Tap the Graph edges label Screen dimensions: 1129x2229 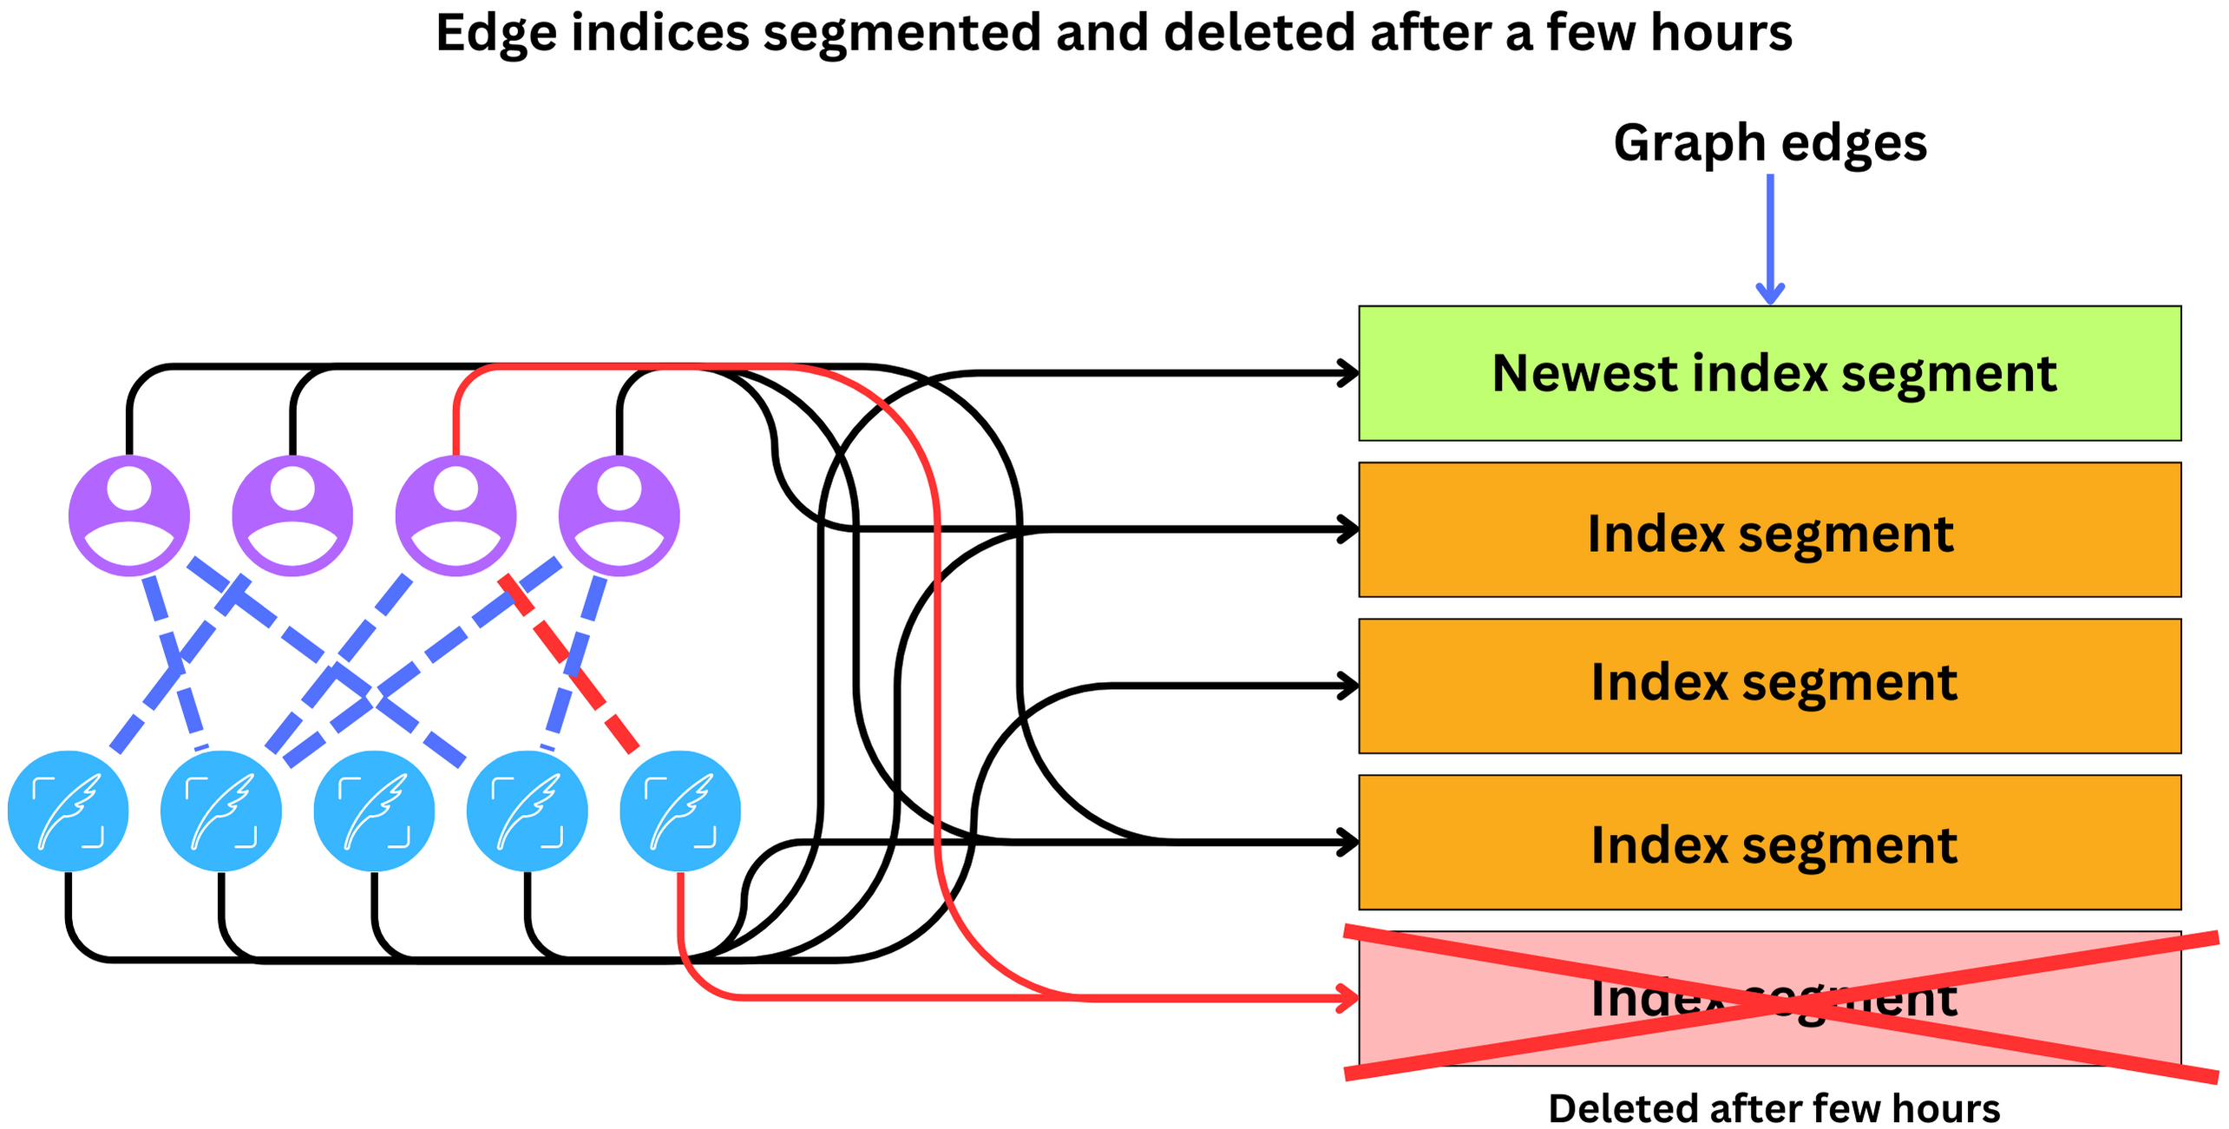click(x=1769, y=142)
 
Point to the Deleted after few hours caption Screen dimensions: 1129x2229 click(x=1773, y=1108)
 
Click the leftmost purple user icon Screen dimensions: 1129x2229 click(x=129, y=515)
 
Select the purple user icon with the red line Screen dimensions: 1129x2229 click(x=456, y=515)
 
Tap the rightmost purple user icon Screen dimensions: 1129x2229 click(x=619, y=515)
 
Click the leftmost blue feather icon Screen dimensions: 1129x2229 click(x=68, y=811)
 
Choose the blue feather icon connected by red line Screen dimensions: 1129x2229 click(x=680, y=811)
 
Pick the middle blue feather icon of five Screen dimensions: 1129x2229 click(x=374, y=811)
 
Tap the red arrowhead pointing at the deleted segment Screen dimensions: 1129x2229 click(x=1348, y=998)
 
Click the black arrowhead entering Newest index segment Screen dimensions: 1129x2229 click(x=1348, y=373)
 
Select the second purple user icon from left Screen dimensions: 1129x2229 click(x=292, y=515)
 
